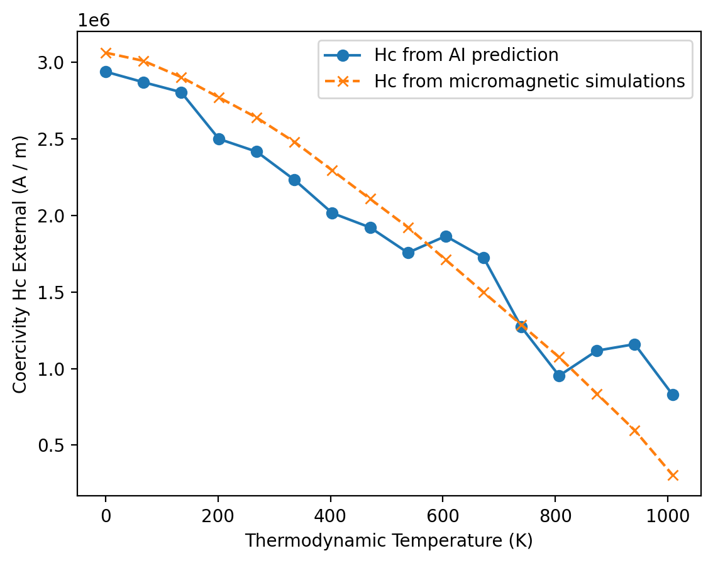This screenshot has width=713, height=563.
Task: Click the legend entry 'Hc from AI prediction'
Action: [x=466, y=55]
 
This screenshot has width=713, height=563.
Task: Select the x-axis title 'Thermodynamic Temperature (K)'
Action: [x=389, y=540]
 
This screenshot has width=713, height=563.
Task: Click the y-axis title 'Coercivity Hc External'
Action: [x=20, y=263]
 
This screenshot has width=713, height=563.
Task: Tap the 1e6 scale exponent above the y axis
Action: [x=94, y=20]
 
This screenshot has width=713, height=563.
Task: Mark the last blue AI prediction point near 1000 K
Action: [x=673, y=395]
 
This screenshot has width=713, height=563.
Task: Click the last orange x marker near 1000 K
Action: [x=673, y=475]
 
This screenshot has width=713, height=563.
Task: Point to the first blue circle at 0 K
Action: [x=106, y=72]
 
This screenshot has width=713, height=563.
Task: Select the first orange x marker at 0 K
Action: [x=106, y=53]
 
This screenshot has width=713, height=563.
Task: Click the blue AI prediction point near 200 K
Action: [x=219, y=139]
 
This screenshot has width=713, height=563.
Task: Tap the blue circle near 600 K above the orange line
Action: [x=446, y=236]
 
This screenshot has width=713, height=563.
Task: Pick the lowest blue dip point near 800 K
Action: [x=559, y=376]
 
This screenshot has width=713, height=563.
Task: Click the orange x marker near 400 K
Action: [x=332, y=171]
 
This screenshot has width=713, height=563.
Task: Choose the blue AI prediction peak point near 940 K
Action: [x=634, y=344]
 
